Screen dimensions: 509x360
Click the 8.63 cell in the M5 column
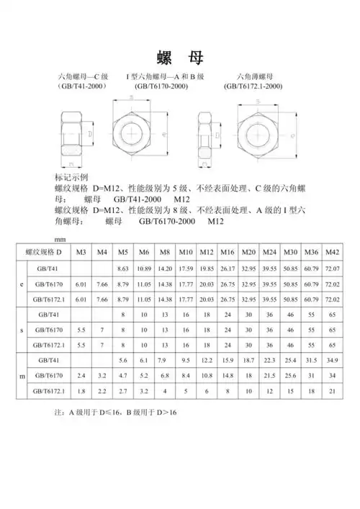123,269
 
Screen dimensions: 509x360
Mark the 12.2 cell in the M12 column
207,359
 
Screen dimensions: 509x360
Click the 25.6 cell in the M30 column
292,375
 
